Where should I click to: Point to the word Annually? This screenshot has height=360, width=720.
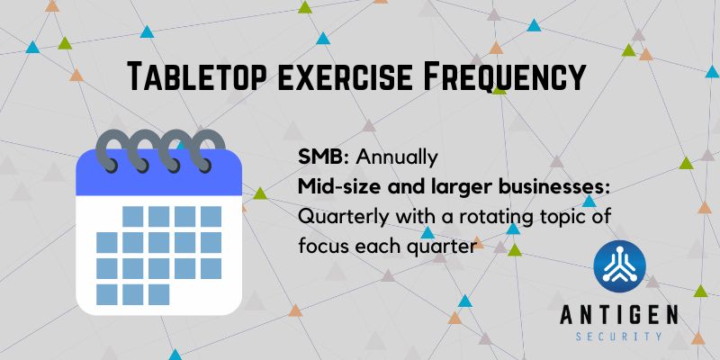(x=397, y=158)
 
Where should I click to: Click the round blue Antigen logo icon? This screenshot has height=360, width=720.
(x=619, y=266)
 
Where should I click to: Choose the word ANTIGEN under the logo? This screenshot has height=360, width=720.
(x=619, y=316)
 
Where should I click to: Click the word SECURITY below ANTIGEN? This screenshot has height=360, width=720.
(x=619, y=337)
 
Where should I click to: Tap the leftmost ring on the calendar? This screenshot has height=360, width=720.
(x=108, y=149)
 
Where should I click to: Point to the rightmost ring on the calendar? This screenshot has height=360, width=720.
(x=209, y=149)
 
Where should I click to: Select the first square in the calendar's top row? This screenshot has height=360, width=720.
(x=132, y=216)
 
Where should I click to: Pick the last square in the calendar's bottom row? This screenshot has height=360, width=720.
(x=159, y=294)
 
